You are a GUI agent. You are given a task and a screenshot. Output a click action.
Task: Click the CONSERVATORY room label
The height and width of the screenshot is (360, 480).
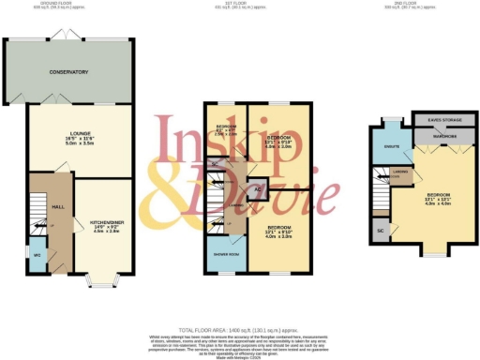tap(68, 71)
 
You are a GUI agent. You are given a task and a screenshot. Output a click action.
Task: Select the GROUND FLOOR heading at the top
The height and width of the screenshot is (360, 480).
tap(69, 3)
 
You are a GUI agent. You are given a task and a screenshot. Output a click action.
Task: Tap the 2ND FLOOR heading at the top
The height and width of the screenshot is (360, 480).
tap(413, 3)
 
